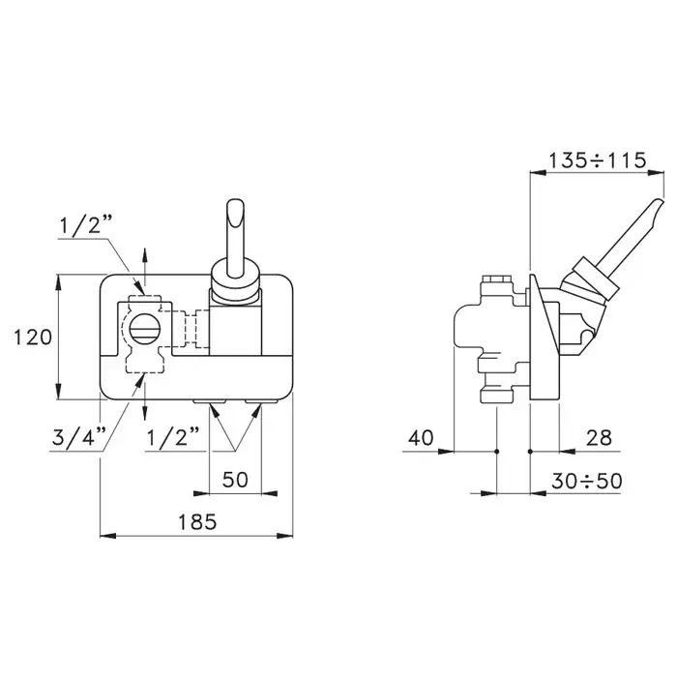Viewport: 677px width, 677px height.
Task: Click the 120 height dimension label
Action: click(x=33, y=338)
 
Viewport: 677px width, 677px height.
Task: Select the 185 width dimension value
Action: click(x=197, y=522)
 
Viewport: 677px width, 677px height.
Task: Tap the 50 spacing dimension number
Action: click(x=235, y=480)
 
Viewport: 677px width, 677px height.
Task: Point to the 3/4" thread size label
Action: click(x=79, y=437)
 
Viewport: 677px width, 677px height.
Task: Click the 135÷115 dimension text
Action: click(x=597, y=161)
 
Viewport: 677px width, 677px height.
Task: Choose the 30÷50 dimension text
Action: click(x=587, y=481)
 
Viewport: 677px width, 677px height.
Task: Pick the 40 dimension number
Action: click(x=421, y=438)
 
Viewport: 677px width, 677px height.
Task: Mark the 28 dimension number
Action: click(x=600, y=438)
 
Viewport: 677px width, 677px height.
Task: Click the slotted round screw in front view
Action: click(x=145, y=329)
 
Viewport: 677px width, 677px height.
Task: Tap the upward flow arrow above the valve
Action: click(x=145, y=267)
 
